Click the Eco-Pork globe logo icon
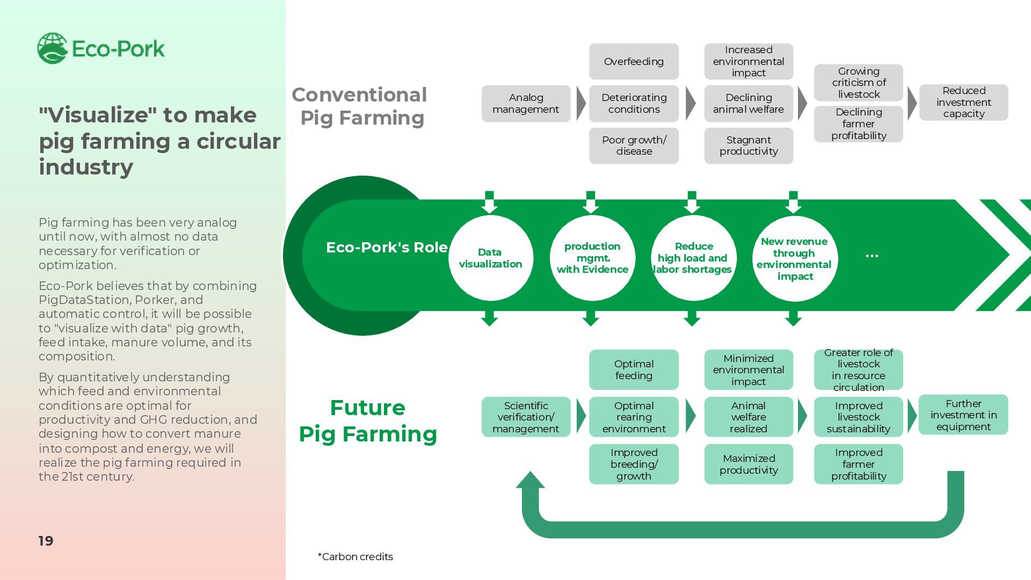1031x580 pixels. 52,48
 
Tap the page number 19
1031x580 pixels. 46,541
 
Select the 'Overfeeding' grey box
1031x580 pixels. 634,62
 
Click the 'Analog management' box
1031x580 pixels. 526,104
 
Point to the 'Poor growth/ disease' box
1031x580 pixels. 634,146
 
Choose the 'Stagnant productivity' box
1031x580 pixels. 749,146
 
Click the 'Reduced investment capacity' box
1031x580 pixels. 963,102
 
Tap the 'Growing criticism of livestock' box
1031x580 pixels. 858,83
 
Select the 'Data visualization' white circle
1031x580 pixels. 490,258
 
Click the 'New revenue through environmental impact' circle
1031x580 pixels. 795,258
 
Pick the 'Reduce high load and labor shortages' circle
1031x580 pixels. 693,258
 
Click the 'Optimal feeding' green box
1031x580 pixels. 634,369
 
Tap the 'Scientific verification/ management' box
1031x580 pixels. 526,417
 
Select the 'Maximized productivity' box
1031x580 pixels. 749,464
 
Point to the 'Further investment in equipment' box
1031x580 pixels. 963,415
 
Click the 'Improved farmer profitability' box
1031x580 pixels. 858,464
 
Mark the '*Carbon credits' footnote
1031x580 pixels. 355,556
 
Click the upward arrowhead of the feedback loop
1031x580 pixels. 530,480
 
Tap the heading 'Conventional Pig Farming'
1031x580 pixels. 360,106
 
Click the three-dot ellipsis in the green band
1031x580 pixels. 872,256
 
